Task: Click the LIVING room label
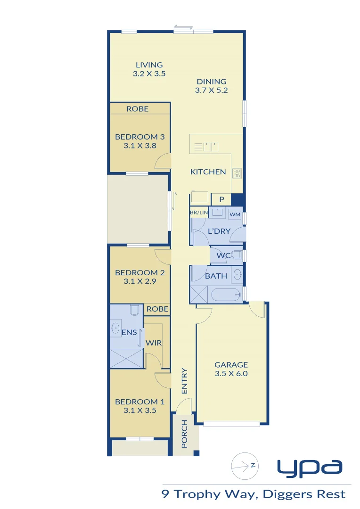pyautogui.click(x=149, y=65)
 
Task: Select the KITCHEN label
pyautogui.click(x=208, y=172)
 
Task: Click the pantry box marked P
pyautogui.click(x=221, y=199)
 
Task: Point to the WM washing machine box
pyautogui.click(x=235, y=214)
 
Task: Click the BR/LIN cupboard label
pyautogui.click(x=198, y=213)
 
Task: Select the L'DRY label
pyautogui.click(x=219, y=231)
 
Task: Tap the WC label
pyautogui.click(x=223, y=256)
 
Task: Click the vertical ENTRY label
pyautogui.click(x=184, y=381)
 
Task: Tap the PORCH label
pyautogui.click(x=184, y=434)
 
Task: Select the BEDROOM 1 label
pyautogui.click(x=139, y=402)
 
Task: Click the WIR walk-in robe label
pyautogui.click(x=154, y=343)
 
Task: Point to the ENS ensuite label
pyautogui.click(x=129, y=332)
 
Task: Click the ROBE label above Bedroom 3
pyautogui.click(x=138, y=109)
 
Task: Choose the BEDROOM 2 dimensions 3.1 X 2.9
pyautogui.click(x=139, y=281)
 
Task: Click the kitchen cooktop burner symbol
pyautogui.click(x=237, y=173)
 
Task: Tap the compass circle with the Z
pyautogui.click(x=245, y=466)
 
